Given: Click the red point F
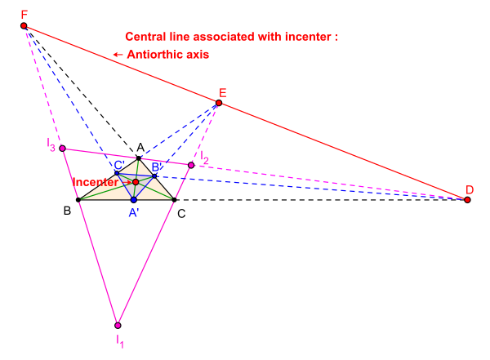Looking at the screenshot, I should click(x=24, y=26).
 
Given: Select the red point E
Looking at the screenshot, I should click(x=219, y=103).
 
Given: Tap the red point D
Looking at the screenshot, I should click(x=467, y=200).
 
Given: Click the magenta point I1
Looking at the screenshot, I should click(x=118, y=324).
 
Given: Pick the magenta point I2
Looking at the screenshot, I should click(x=191, y=165).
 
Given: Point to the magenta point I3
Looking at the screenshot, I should click(x=62, y=148).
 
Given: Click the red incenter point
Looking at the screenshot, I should click(x=136, y=182).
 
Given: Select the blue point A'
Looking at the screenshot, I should click(x=133, y=200).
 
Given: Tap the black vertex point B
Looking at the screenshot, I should click(x=78, y=200).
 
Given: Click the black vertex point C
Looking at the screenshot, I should click(x=175, y=200).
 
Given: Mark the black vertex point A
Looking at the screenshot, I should click(x=139, y=158).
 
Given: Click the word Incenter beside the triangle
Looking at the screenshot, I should click(x=95, y=181).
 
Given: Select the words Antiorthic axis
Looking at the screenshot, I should click(x=167, y=55).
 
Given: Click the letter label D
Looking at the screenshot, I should click(x=470, y=190).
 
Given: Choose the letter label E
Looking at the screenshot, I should click(x=223, y=92).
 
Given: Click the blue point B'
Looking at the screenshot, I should click(x=154, y=176).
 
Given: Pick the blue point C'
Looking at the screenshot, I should click(x=118, y=172).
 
